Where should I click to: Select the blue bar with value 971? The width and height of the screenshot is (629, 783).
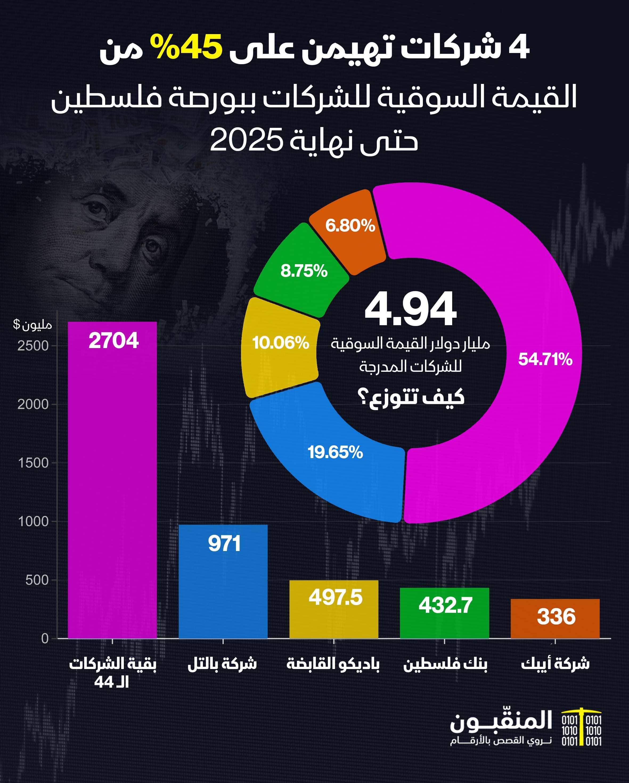click(x=223, y=581)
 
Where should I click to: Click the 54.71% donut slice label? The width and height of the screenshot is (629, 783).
click(x=545, y=359)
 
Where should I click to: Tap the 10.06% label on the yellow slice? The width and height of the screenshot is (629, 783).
click(x=280, y=343)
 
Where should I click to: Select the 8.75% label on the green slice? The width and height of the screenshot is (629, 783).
click(x=304, y=271)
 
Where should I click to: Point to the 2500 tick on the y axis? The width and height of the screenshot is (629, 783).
click(x=33, y=346)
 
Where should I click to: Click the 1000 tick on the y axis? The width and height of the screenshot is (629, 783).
click(x=33, y=521)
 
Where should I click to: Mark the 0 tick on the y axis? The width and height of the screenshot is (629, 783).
click(x=45, y=638)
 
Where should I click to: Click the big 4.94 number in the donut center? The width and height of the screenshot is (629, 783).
click(x=410, y=309)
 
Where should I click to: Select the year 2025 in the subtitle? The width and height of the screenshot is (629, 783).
click(x=246, y=140)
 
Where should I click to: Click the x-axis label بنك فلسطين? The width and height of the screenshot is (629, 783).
click(x=445, y=664)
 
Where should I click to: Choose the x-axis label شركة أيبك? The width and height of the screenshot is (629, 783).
click(x=555, y=664)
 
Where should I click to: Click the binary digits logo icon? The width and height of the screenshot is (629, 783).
click(x=581, y=732)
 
